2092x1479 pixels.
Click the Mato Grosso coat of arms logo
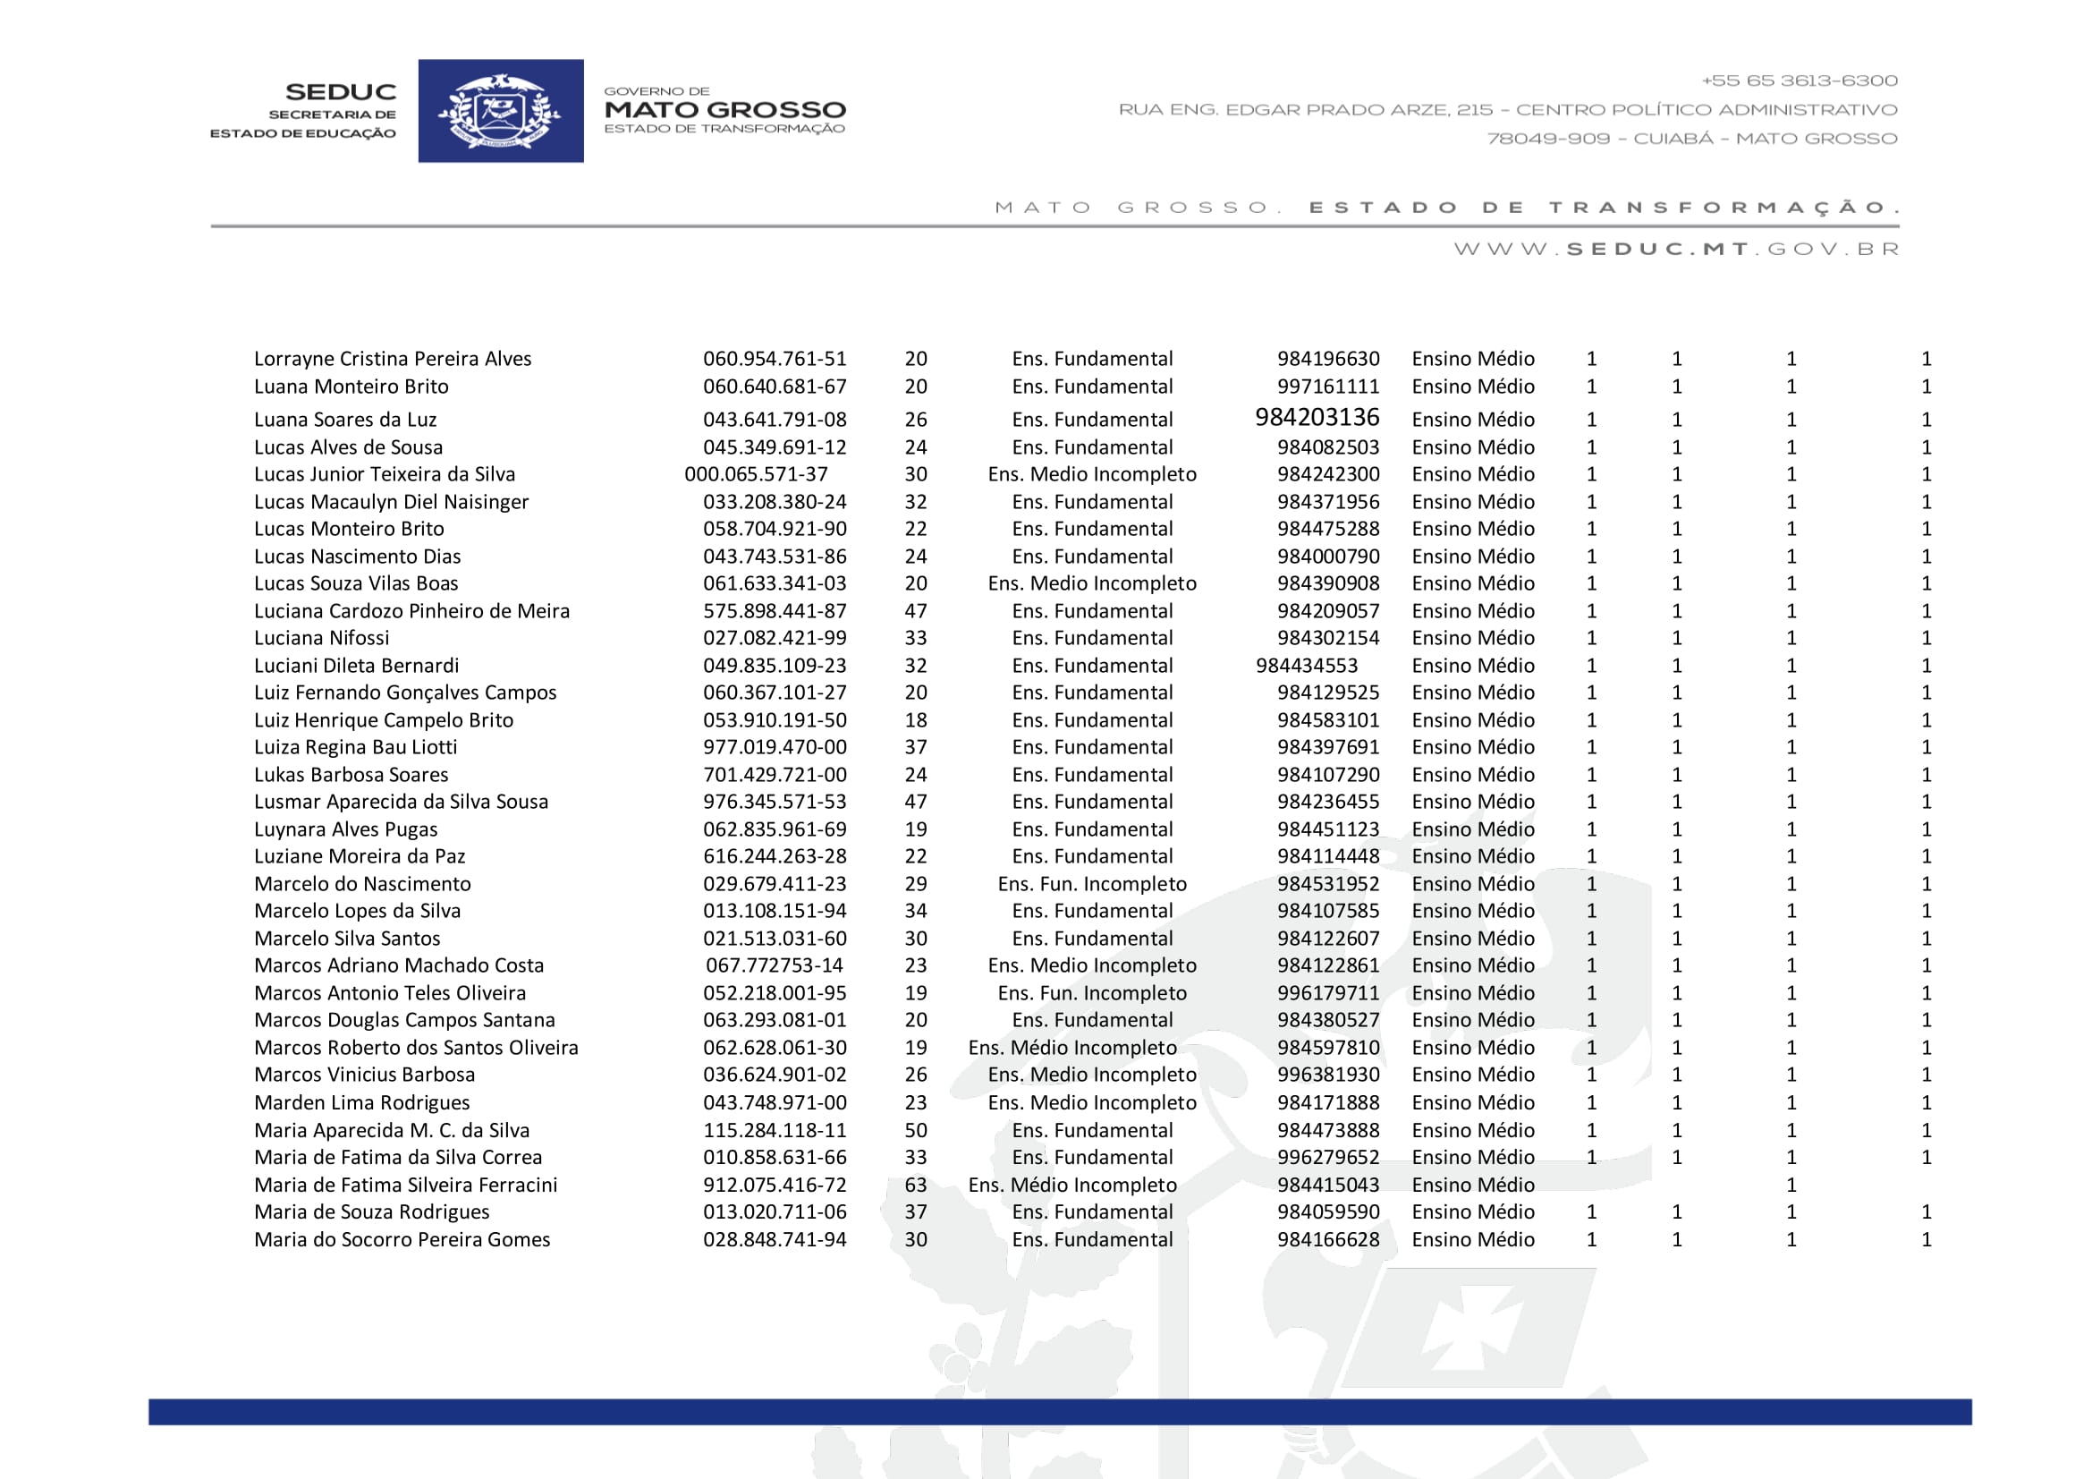[x=500, y=111]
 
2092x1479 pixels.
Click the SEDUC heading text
[x=341, y=92]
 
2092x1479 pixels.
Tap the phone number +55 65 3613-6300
[x=1799, y=81]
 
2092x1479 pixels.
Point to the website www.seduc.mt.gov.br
[x=1675, y=249]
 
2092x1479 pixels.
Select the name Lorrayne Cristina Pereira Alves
[x=393, y=359]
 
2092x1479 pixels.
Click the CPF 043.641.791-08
[x=775, y=421]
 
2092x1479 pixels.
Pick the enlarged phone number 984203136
[x=1317, y=417]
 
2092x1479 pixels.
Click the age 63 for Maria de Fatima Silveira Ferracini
[x=916, y=1186]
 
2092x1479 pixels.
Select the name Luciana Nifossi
[x=322, y=639]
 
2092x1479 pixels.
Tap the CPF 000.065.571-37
[x=757, y=475]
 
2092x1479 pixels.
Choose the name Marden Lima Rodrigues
[x=361, y=1103]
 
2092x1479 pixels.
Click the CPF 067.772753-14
[x=775, y=966]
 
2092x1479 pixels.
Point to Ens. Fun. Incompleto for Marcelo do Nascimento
[x=1091, y=884]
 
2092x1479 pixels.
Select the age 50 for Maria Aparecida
[x=916, y=1131]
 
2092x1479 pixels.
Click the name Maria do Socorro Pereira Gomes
[x=402, y=1240]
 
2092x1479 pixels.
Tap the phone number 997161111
[x=1327, y=387]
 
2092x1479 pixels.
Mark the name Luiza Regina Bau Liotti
[x=355, y=748]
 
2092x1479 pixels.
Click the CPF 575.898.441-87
[x=775, y=611]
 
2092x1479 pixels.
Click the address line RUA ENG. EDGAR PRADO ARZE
[x=1507, y=110]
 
